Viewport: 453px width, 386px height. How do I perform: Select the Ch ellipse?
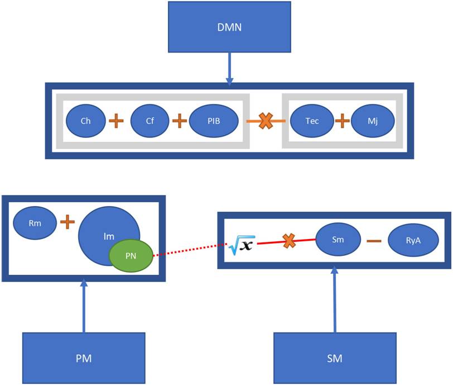click(x=85, y=121)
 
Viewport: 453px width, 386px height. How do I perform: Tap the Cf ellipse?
click(x=150, y=121)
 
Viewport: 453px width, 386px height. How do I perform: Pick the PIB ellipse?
click(x=214, y=121)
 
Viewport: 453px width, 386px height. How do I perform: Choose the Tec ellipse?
click(x=312, y=121)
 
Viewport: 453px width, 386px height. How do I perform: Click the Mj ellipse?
click(x=373, y=121)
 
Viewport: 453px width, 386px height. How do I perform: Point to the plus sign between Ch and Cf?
click(x=116, y=121)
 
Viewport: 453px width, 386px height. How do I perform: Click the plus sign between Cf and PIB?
click(x=179, y=121)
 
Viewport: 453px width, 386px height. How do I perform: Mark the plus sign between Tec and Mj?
click(x=342, y=121)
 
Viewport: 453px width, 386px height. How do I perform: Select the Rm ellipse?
click(x=35, y=222)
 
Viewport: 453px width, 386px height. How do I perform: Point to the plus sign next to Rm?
click(x=67, y=222)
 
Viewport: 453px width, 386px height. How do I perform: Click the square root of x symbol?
click(x=240, y=244)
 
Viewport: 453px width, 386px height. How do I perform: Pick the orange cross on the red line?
click(x=289, y=241)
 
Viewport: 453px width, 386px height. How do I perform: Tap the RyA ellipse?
click(x=413, y=241)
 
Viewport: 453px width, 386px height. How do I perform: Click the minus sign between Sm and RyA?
click(x=373, y=241)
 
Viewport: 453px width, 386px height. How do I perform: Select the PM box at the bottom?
click(x=84, y=358)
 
